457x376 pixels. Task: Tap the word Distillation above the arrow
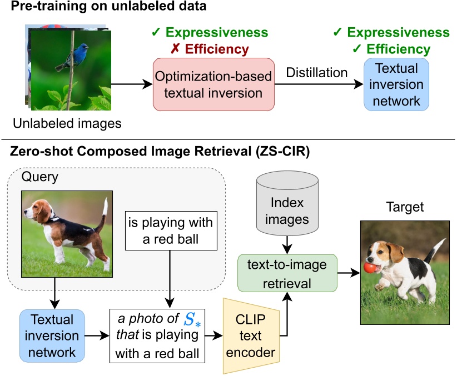point(316,73)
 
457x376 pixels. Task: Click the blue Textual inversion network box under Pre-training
point(396,85)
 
